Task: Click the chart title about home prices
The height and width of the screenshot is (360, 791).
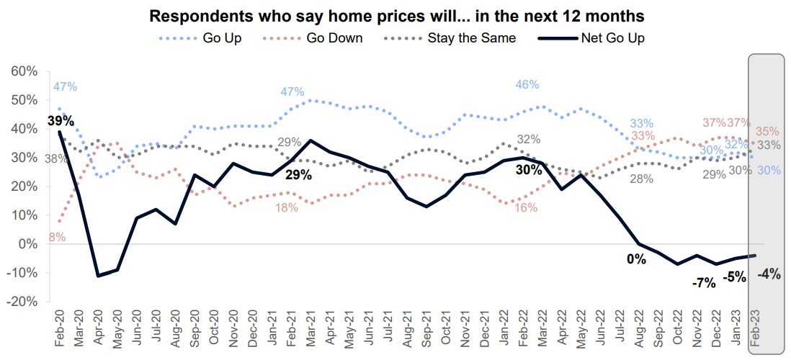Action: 396,15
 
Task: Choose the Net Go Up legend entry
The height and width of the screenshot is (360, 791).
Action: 612,38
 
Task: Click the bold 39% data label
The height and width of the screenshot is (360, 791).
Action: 61,120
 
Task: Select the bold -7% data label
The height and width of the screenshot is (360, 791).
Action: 703,283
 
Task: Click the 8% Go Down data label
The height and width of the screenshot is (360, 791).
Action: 57,237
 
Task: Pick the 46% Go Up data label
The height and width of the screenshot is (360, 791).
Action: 527,85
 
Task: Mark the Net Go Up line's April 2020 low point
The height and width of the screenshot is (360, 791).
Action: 98,276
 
